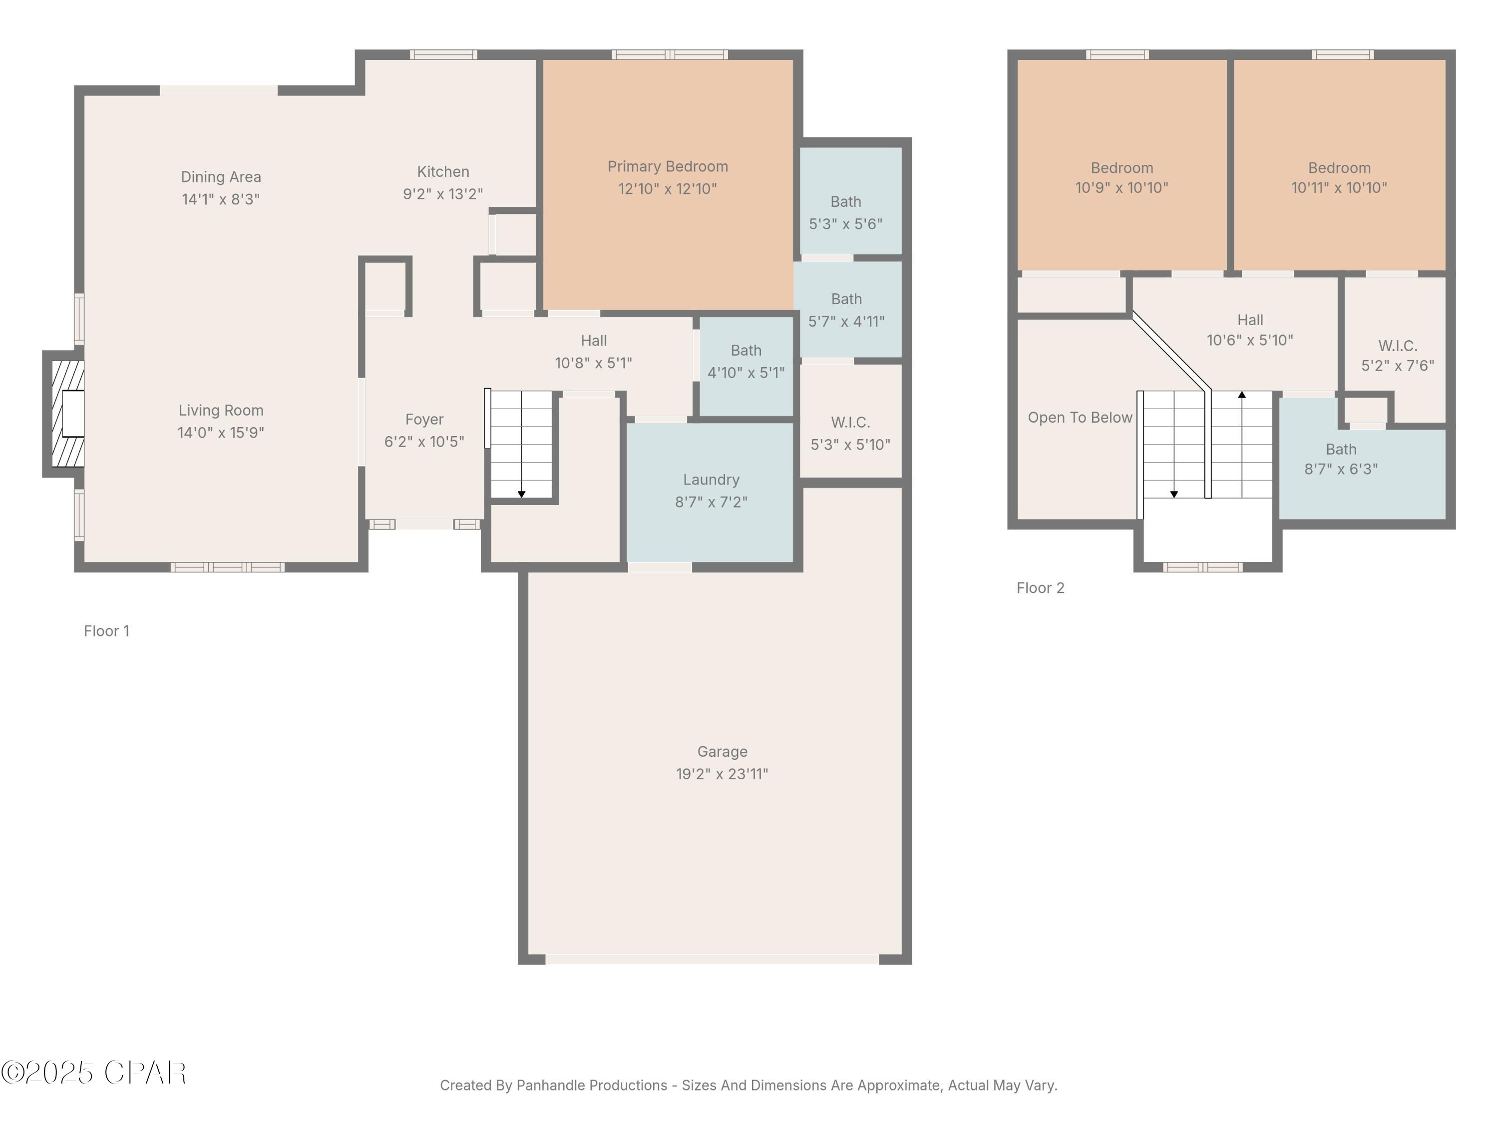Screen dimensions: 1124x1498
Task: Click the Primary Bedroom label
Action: click(667, 167)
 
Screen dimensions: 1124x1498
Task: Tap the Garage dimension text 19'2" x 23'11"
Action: click(722, 774)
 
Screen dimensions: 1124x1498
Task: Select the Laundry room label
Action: click(711, 480)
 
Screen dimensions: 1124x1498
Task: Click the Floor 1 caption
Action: click(106, 631)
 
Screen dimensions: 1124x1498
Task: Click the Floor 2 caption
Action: click(1040, 588)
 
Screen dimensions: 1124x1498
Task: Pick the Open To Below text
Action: click(1080, 417)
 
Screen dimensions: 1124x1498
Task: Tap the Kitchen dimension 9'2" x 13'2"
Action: click(443, 194)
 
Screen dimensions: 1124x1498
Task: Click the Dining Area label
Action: click(221, 177)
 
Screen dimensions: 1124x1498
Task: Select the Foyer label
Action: click(424, 420)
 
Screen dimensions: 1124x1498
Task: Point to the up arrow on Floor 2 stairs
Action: click(1241, 395)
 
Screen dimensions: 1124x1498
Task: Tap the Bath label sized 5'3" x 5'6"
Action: click(845, 202)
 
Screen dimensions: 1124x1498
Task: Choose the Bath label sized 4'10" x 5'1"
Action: click(746, 350)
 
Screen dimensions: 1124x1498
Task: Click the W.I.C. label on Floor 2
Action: click(1397, 346)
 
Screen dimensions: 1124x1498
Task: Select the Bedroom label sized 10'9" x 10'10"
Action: click(1122, 168)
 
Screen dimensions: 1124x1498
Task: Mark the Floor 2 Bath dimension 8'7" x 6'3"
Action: click(1340, 469)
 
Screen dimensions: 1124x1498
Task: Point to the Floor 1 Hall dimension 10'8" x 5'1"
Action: click(593, 363)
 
